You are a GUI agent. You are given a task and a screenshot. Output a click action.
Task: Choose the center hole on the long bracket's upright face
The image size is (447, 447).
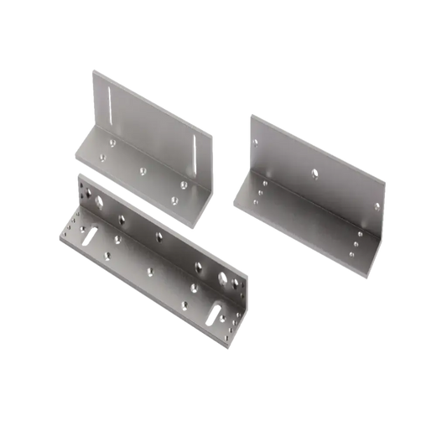click(152, 234)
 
